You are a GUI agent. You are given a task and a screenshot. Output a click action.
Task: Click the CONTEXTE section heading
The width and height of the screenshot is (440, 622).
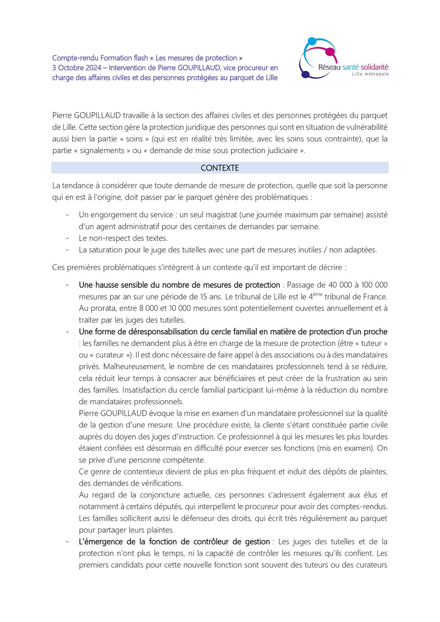tap(219, 168)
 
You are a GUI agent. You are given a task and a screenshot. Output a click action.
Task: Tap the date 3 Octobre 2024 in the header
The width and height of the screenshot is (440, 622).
tap(75, 67)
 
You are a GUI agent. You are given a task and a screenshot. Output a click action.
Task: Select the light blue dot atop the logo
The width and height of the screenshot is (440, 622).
tap(312, 41)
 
